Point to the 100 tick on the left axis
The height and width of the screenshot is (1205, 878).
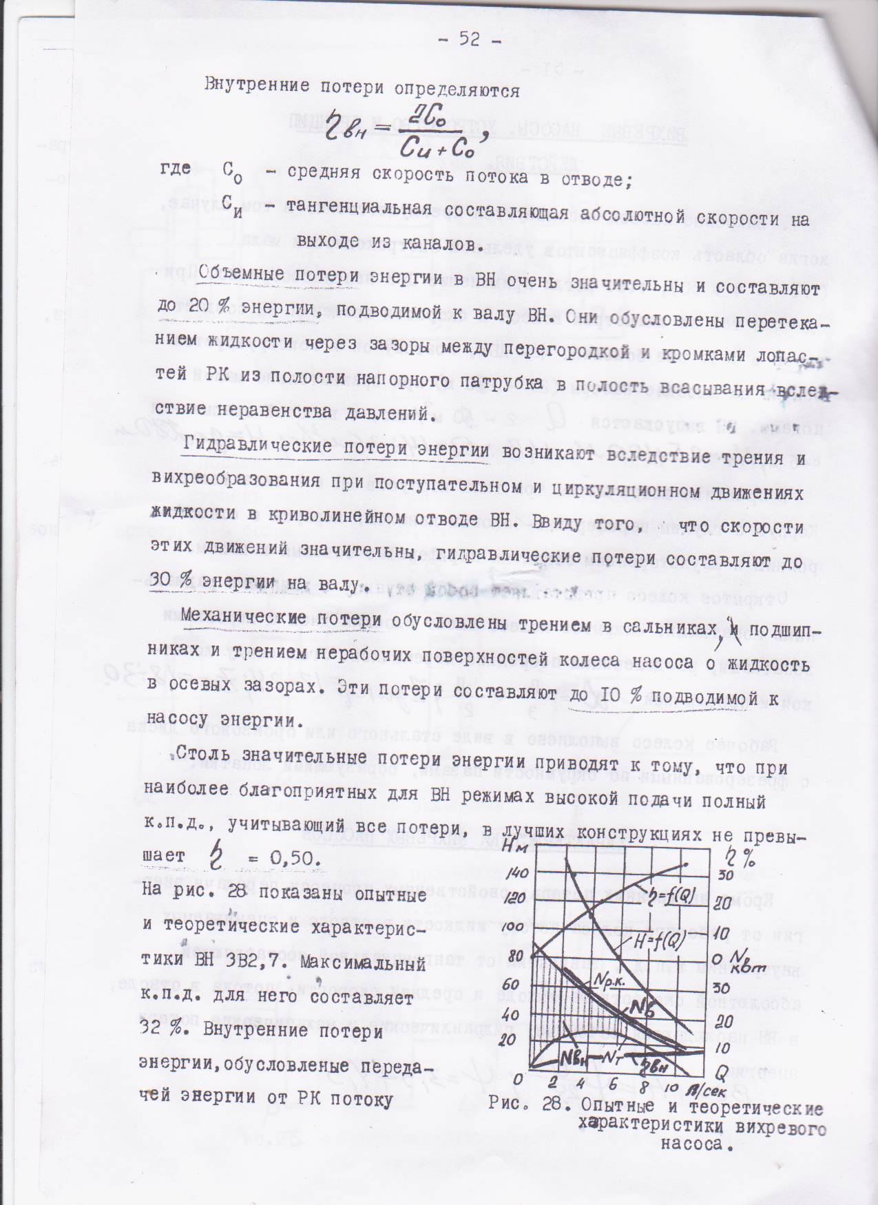click(516, 928)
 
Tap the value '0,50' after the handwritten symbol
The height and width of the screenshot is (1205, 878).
click(289, 858)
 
